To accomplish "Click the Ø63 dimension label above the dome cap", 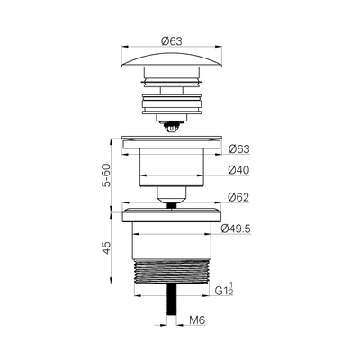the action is pos(171,41).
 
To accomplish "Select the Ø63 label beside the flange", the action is pos(239,149).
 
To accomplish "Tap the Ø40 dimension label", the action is pos(238,170).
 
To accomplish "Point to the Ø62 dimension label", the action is pos(238,197).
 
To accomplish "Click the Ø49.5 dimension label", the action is pos(236,229).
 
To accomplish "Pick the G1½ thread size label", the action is pos(224,289).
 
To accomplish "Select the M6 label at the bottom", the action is pos(197,320).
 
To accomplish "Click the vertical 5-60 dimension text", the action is pos(106,175).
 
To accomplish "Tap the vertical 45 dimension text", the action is pos(106,248).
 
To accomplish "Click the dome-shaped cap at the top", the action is pos(172,60).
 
